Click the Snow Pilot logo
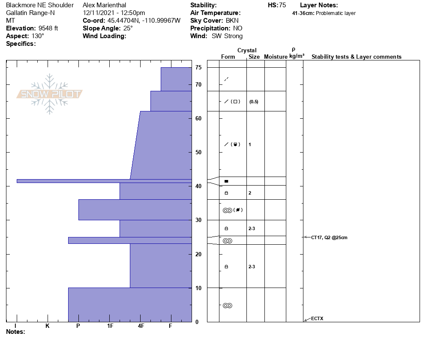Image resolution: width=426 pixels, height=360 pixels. [50, 94]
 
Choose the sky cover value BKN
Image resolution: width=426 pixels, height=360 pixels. [233, 21]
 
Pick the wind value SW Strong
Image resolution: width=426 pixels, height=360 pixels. [227, 36]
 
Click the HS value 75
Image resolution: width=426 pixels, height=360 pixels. [282, 5]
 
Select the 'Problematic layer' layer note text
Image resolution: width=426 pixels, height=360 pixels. [336, 13]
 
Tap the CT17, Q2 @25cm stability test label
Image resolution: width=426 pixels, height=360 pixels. [329, 237]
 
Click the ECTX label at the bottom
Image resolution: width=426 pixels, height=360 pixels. [317, 318]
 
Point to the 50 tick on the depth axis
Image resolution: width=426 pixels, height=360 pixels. [198, 152]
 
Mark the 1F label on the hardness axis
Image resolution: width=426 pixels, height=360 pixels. [110, 326]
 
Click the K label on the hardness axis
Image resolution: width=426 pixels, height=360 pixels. [48, 326]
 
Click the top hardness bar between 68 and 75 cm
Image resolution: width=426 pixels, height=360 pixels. [176, 79]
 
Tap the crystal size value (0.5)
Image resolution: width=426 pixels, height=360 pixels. [254, 102]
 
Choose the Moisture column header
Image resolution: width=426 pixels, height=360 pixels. [276, 57]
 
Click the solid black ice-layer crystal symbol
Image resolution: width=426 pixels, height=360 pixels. [226, 181]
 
